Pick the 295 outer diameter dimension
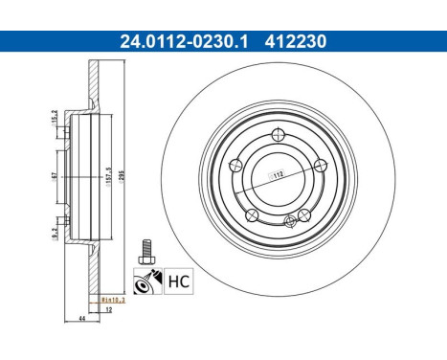coord(125,176)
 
